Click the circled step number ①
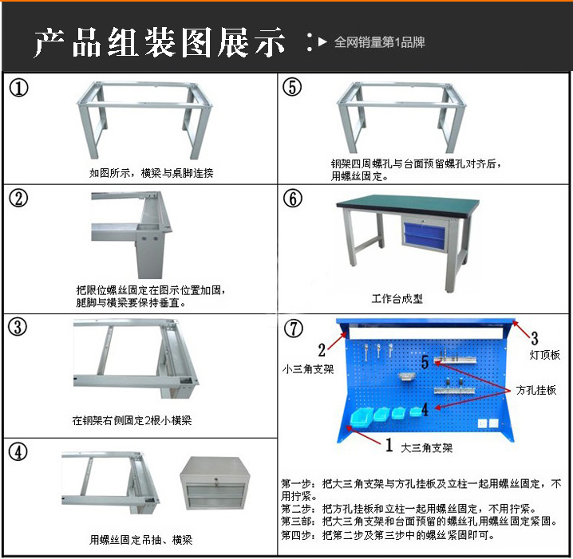[x=18, y=89]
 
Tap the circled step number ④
[x=18, y=451]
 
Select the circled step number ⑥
[x=293, y=199]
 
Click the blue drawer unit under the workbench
[x=425, y=234]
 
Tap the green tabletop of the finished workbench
[x=408, y=202]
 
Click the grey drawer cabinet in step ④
[x=215, y=482]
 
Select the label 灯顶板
[x=545, y=355]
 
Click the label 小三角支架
[x=308, y=369]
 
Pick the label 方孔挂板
[x=536, y=390]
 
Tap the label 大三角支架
[x=427, y=447]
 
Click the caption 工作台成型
[x=397, y=299]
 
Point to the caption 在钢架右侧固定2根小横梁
[x=132, y=420]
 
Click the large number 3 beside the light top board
[x=534, y=338]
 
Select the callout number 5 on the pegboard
[x=425, y=361]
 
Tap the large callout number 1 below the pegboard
[x=389, y=445]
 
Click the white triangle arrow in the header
[x=322, y=41]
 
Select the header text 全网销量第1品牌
[x=380, y=42]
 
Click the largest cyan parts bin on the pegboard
[x=362, y=416]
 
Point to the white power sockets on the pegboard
[x=488, y=423]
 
